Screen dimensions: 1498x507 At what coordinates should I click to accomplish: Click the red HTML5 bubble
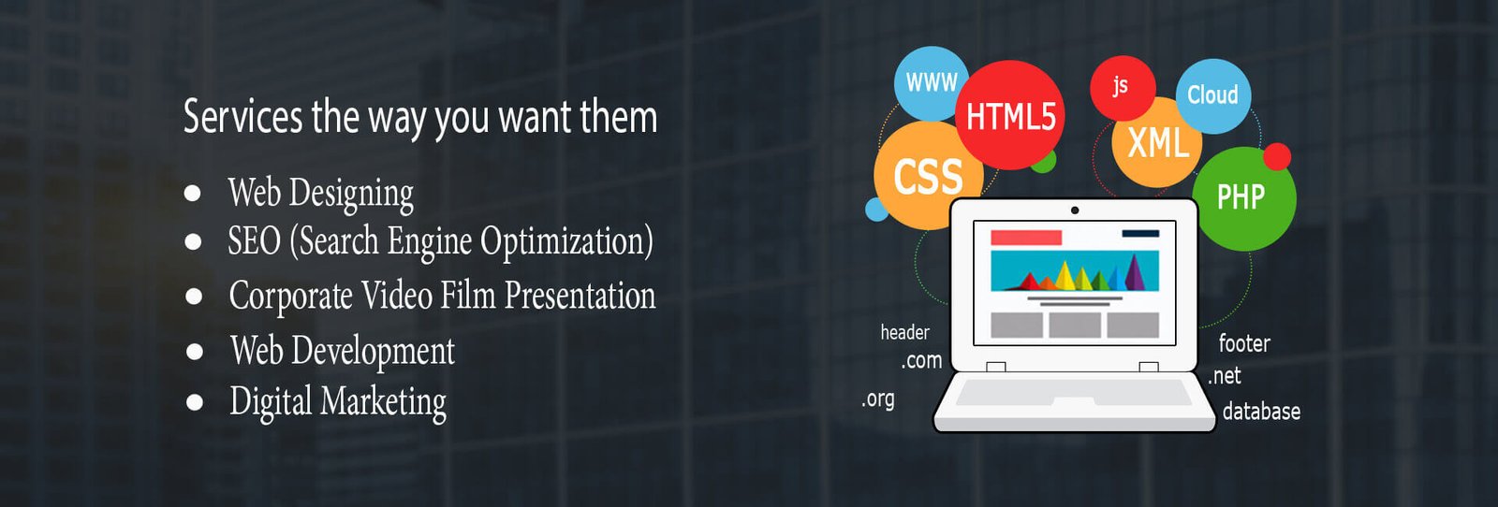1010,115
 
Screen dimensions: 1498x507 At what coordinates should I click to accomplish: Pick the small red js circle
1123,88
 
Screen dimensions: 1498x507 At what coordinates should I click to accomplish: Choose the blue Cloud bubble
1213,95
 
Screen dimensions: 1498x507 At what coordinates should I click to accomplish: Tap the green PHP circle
1244,199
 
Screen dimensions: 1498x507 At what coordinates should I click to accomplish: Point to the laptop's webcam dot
1075,210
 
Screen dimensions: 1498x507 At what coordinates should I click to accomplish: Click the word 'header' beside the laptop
904,332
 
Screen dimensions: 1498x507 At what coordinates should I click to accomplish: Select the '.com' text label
921,361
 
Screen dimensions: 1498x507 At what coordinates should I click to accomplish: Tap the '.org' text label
878,398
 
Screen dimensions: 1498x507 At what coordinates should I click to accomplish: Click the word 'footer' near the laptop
1244,343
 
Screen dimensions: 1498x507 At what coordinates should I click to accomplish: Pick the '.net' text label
1225,376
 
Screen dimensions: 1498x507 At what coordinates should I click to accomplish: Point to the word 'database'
1261,411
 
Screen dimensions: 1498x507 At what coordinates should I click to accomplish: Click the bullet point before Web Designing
193,193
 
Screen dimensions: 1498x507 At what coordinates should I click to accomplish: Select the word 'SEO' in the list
254,240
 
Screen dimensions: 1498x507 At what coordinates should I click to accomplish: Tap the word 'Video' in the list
397,296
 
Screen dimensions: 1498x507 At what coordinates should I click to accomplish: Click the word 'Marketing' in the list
383,402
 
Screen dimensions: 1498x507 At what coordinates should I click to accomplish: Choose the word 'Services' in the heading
242,117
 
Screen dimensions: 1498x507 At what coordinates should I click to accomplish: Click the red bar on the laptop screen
1026,238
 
